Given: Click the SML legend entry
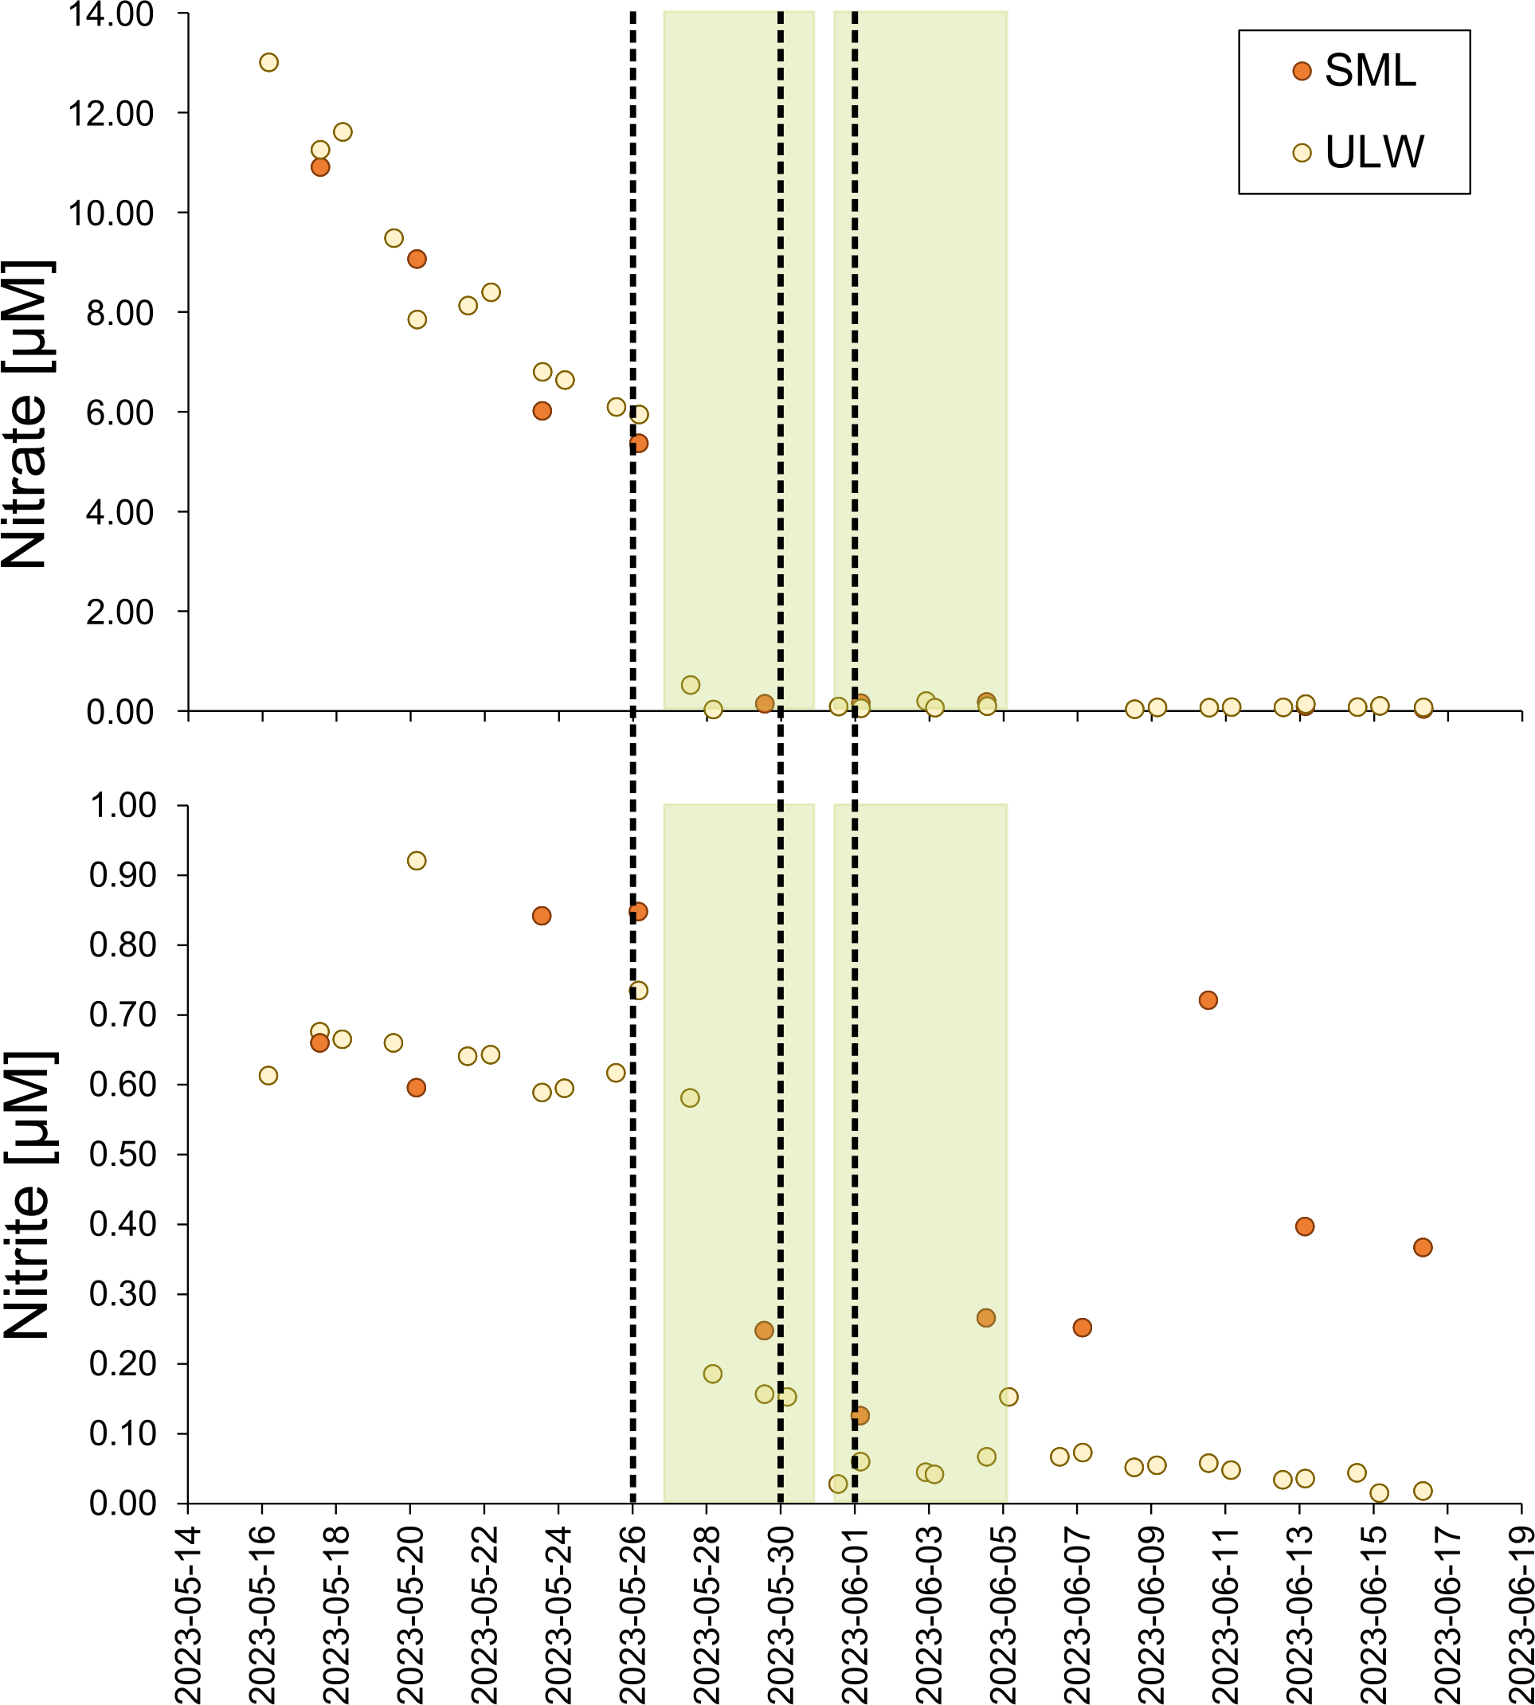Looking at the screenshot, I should click(x=1357, y=71).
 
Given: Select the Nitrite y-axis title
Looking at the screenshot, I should click(x=27, y=1195).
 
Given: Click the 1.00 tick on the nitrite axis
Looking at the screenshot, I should click(x=123, y=805).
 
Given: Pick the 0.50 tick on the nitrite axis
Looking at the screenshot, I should click(x=123, y=1155).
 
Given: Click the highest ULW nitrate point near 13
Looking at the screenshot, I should click(x=269, y=62).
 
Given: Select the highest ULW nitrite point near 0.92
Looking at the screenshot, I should click(x=417, y=861).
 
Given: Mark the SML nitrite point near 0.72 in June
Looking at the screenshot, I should click(x=1208, y=1000).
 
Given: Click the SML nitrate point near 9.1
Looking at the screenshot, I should click(x=417, y=259).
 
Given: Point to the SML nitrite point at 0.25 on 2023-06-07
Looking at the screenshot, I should click(x=1082, y=1328).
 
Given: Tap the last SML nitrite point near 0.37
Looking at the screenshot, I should click(x=1423, y=1247).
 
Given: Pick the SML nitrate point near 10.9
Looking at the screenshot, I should click(x=319, y=167).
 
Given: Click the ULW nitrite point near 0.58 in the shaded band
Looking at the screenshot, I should click(x=690, y=1098).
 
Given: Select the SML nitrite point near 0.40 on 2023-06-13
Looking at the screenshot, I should click(x=1305, y=1226).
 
